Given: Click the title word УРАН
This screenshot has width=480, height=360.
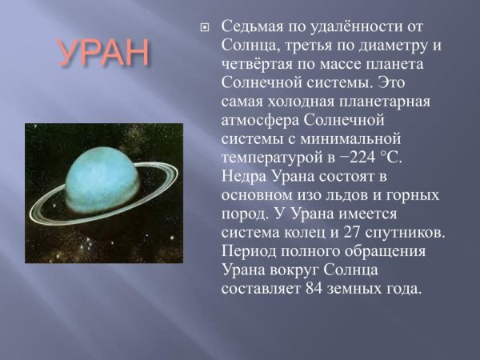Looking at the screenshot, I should pos(103,53).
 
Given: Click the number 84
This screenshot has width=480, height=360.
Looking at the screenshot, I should pos(314,290).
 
